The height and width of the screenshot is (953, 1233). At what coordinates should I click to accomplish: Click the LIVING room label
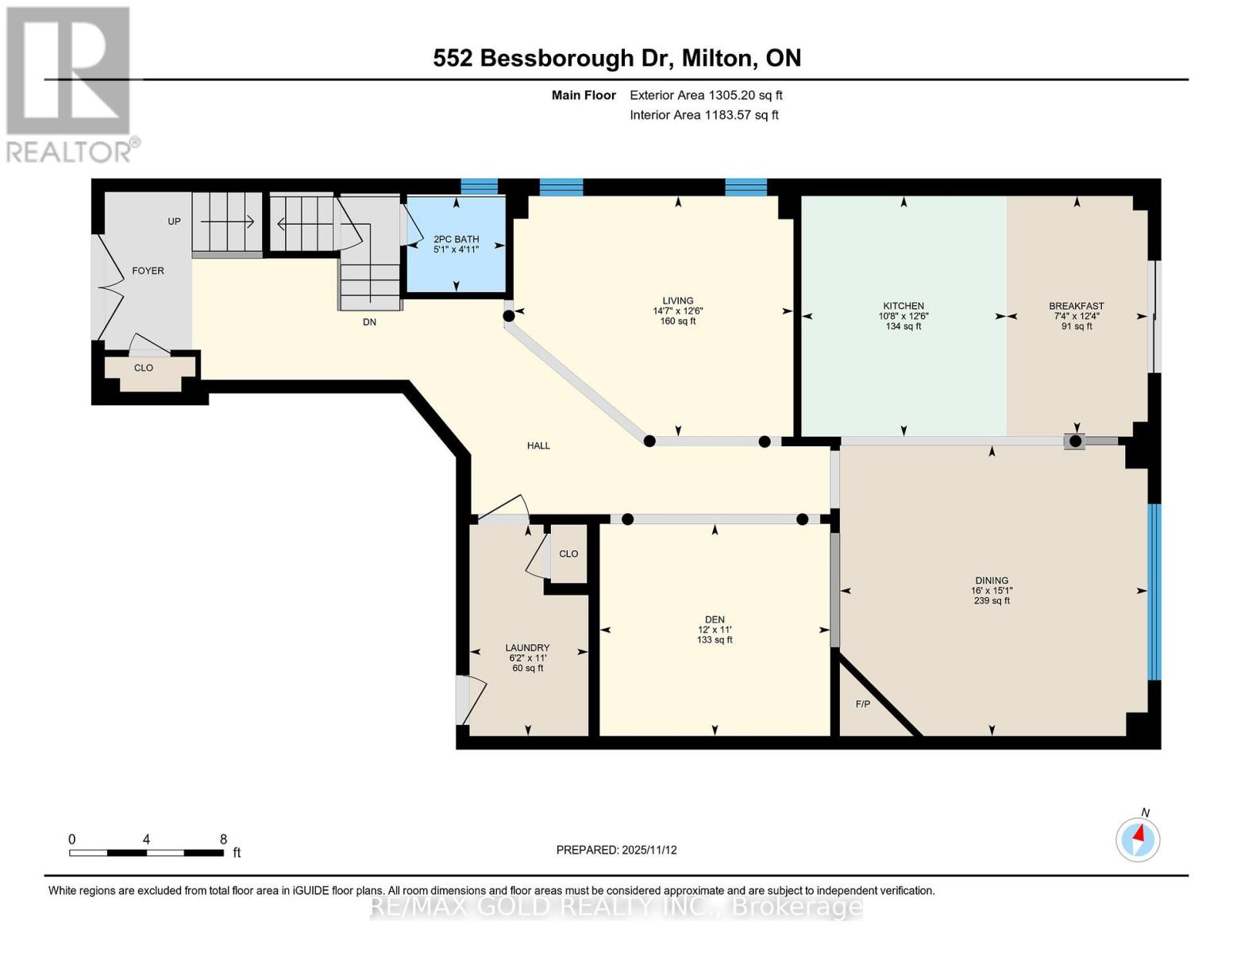678,301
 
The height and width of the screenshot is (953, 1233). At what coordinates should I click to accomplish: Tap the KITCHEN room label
904,306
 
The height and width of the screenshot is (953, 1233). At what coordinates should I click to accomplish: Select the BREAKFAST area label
1076,306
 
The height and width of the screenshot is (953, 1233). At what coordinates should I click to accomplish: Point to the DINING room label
992,581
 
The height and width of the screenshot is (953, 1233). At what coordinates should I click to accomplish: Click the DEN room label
715,619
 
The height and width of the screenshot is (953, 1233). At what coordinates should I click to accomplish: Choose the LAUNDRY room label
527,648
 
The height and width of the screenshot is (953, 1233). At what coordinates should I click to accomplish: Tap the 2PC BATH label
456,239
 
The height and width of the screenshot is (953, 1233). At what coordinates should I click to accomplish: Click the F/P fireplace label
862,704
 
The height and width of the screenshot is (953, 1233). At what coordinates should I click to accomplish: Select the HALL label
538,446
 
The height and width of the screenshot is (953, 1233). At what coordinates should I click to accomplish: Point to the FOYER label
148,271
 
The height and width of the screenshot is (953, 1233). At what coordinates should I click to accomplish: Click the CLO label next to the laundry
568,554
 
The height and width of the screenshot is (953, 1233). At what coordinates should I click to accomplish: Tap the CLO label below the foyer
144,368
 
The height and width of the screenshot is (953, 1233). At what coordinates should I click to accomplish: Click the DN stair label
369,322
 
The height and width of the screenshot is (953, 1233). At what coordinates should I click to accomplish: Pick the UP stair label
174,222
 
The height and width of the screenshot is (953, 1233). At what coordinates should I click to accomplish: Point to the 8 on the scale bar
224,839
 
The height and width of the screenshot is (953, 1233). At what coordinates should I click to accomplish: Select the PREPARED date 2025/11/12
649,850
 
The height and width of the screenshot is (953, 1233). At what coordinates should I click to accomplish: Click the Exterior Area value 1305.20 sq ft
745,95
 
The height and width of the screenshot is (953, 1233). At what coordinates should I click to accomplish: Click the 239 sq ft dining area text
992,601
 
